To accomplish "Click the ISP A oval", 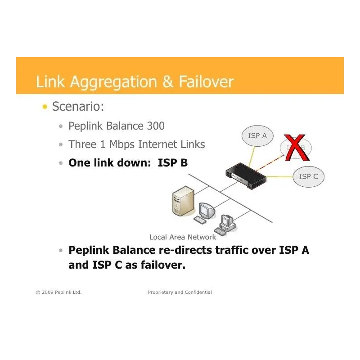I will [x=257, y=135].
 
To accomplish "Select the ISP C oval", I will [x=308, y=176].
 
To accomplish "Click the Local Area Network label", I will [x=183, y=237].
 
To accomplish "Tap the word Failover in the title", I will [x=206, y=82].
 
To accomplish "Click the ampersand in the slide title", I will [x=167, y=82].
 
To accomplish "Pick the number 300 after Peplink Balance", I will [x=155, y=126].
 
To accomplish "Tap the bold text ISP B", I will [x=173, y=163].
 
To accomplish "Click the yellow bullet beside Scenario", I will [x=45, y=107].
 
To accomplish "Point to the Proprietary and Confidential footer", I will [x=180, y=292].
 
